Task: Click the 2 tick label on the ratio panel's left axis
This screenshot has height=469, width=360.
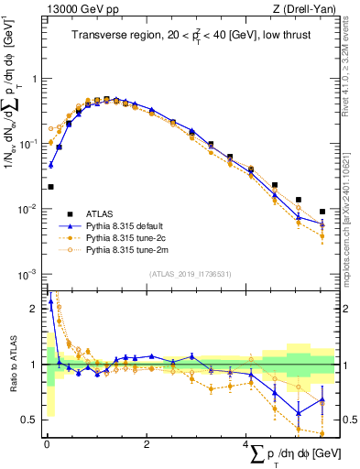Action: tap(34, 309)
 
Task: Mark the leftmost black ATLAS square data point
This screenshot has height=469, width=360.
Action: tap(50, 187)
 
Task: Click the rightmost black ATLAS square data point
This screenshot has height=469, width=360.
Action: tap(322, 212)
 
